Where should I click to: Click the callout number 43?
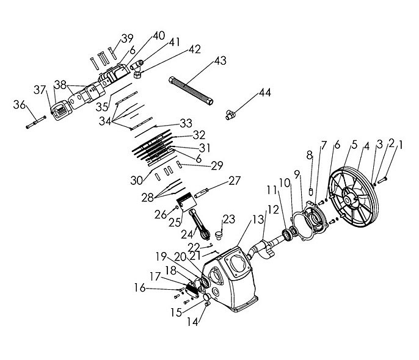pos(220,61)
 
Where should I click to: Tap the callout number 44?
pos(264,93)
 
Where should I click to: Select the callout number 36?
pos(19,105)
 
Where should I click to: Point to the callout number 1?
pos(401,144)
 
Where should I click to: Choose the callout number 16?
pos(140,287)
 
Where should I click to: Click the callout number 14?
pos(194,323)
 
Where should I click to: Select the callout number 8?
pos(310,156)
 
